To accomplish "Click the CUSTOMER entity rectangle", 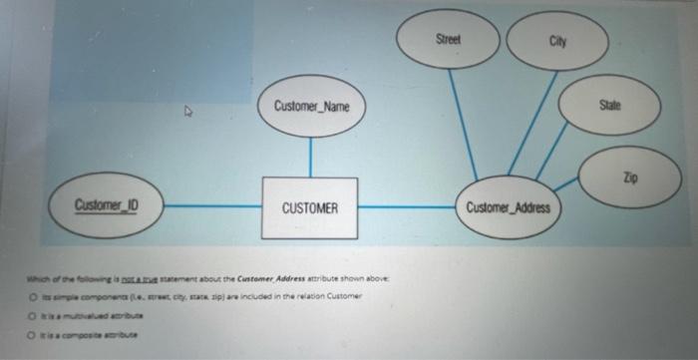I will click(309, 207).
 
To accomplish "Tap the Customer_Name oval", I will click(311, 106).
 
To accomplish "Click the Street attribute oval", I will click(448, 39).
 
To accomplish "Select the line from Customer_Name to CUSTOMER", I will click(310, 157).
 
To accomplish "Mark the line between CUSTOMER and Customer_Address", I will click(409, 207).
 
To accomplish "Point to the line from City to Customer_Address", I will click(532, 124).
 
